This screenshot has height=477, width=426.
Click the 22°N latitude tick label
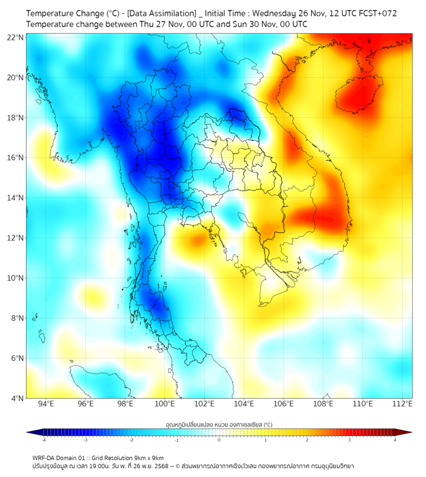[16, 37]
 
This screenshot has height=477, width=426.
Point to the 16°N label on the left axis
[16, 158]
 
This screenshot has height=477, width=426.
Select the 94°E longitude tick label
[46, 404]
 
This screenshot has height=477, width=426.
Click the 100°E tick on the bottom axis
[165, 404]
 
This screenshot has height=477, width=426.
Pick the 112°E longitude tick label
[402, 404]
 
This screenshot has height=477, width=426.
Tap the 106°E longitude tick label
[284, 404]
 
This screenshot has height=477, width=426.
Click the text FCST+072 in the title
[377, 13]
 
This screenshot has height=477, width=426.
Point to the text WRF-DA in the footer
[43, 457]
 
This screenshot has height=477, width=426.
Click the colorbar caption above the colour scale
[219, 424]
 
